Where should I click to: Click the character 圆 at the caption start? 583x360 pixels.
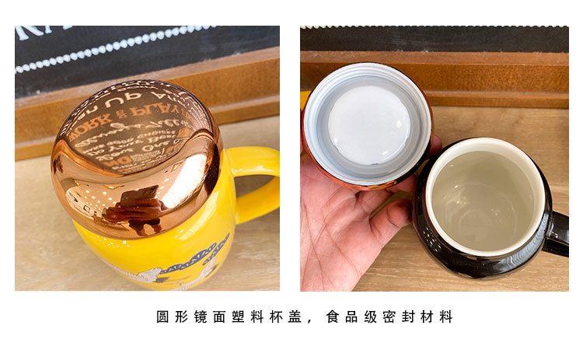coord(162,317)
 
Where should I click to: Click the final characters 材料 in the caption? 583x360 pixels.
coord(436,317)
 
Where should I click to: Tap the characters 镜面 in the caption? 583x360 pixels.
coord(205,317)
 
